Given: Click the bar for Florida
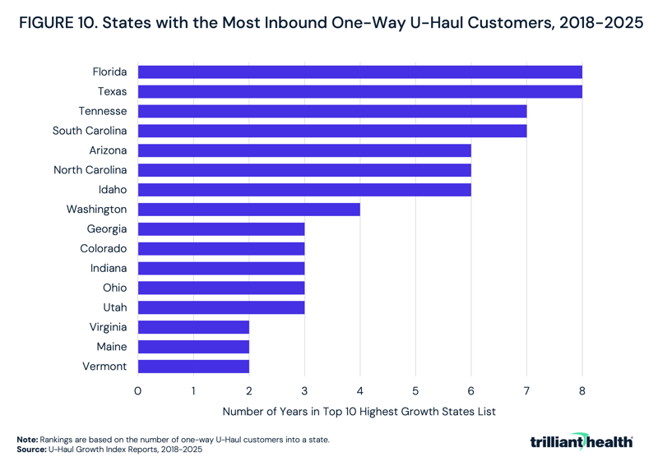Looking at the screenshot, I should coord(359,72).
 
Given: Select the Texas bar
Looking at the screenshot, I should coord(359,91).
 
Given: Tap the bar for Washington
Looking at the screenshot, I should coord(248,210).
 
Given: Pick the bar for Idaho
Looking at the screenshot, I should coord(304,190).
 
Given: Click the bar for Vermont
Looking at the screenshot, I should coord(193,367).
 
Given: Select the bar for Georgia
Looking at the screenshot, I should coord(221,229).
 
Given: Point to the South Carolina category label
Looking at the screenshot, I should coord(90,131).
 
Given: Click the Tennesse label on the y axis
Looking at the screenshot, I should coord(103,111).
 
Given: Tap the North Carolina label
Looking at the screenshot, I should coord(90,170).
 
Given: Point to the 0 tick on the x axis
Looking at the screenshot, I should coord(138,391).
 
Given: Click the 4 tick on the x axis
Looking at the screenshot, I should coord(360,391).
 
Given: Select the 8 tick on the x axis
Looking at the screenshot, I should coord(582,391).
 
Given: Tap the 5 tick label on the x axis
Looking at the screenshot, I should coord(415,391).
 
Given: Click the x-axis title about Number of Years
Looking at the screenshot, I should coord(359,412).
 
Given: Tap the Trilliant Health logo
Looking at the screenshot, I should coord(582,442).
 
